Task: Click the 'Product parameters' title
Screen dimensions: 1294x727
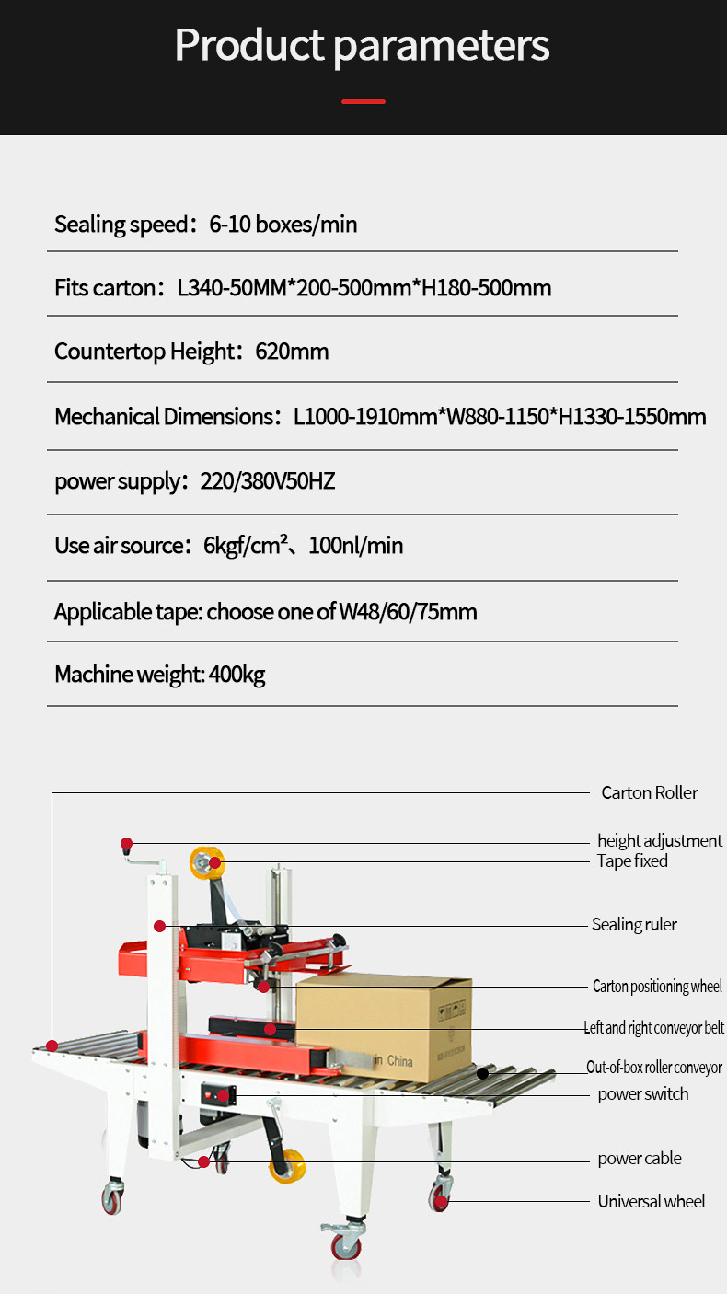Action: click(x=363, y=45)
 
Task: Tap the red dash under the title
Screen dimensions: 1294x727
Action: click(x=363, y=101)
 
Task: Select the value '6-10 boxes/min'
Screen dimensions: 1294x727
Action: click(x=283, y=224)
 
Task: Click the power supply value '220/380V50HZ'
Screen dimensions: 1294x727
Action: click(x=268, y=480)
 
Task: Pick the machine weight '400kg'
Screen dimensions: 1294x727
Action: click(x=237, y=675)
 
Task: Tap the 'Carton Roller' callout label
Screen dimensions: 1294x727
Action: click(x=649, y=792)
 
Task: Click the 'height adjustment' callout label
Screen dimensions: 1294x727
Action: click(x=659, y=840)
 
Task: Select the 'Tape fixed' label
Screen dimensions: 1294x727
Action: click(x=632, y=861)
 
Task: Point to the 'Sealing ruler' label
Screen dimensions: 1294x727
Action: click(x=634, y=924)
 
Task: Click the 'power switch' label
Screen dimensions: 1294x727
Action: click(x=642, y=1093)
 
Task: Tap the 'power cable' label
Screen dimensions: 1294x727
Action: click(x=640, y=1158)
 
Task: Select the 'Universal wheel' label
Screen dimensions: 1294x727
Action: click(x=651, y=1201)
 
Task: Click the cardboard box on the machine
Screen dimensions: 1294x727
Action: click(x=384, y=1022)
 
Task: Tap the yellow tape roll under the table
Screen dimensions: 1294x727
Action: click(x=286, y=1166)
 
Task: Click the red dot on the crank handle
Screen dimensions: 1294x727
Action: click(x=126, y=843)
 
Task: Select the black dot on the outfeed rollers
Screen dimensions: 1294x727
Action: click(x=482, y=1072)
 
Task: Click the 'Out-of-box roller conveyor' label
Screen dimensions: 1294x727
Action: click(x=654, y=1068)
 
